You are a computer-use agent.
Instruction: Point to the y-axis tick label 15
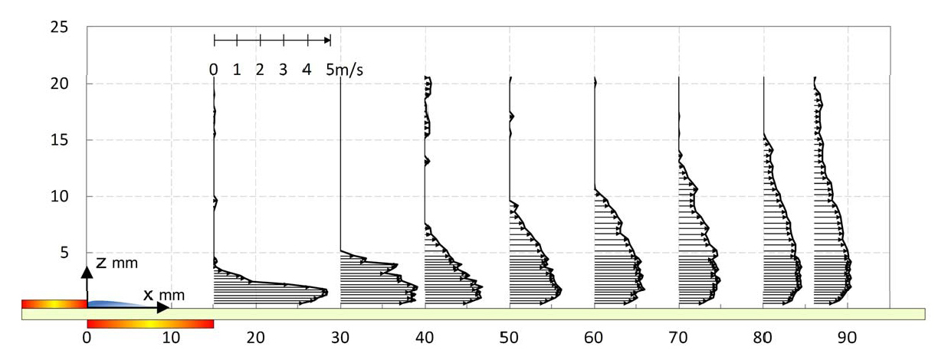(x=59, y=140)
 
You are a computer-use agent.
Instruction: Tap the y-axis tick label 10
(x=59, y=197)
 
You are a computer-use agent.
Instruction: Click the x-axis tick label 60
(x=595, y=336)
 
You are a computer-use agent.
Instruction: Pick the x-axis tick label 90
(x=848, y=336)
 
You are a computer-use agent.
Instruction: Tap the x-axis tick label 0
(x=87, y=336)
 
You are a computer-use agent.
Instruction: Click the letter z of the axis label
(x=102, y=263)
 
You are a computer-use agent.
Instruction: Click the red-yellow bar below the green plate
(x=150, y=324)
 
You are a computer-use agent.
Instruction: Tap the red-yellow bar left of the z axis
(x=54, y=304)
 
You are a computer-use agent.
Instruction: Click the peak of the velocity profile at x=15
(x=326, y=292)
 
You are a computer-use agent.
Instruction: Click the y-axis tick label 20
(x=59, y=83)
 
